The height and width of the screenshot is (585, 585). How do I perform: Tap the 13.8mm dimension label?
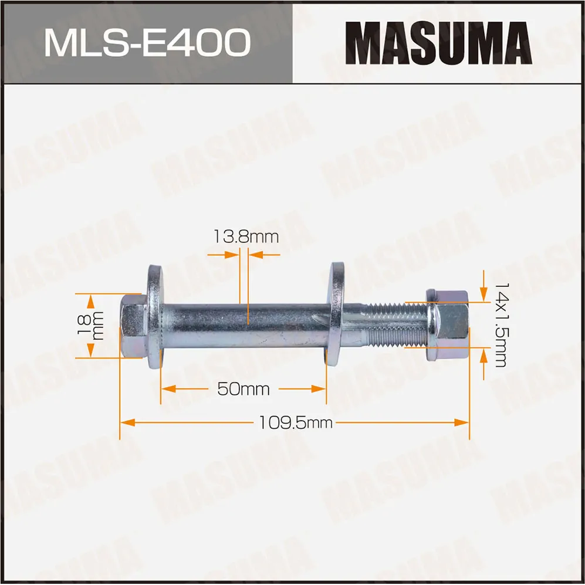coord(245,236)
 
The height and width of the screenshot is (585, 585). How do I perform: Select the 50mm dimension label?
coord(244,388)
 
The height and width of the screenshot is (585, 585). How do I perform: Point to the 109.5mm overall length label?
coord(295,422)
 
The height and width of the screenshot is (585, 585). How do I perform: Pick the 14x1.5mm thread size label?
coord(500,324)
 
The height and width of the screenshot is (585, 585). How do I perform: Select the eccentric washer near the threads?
coord(337,315)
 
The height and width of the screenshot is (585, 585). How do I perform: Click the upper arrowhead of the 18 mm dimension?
coord(90,300)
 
